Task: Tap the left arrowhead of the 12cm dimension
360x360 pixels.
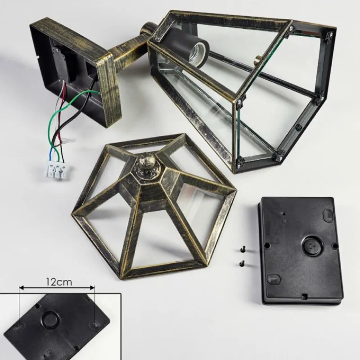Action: [21, 287]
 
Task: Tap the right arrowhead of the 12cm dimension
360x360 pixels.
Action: [93, 287]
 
